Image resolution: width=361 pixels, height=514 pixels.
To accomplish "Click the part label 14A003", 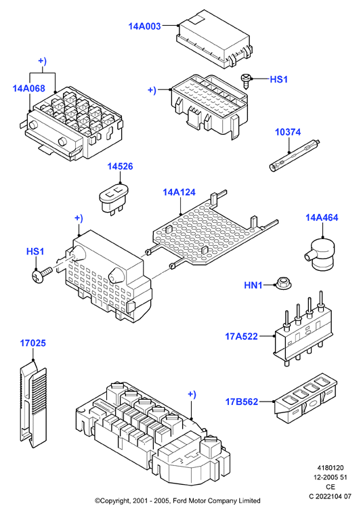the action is click(144, 26).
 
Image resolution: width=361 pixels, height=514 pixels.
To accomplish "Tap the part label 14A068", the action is click(29, 88).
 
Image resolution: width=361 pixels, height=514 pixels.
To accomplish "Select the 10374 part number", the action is click(288, 132).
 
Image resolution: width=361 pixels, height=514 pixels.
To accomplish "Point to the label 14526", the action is click(121, 166).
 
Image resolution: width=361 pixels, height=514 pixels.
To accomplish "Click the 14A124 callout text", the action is click(179, 192).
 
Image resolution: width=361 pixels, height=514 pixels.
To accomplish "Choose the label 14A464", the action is click(322, 217).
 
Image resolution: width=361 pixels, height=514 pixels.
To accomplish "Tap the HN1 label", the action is click(253, 285).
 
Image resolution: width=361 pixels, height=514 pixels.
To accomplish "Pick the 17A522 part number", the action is click(241, 337).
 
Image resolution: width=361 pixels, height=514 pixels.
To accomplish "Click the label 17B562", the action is click(242, 402).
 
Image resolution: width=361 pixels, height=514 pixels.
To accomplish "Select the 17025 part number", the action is click(33, 343).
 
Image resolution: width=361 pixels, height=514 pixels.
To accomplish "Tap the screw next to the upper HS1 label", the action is click(247, 80).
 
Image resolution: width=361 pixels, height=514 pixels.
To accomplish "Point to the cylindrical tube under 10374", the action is click(295, 155).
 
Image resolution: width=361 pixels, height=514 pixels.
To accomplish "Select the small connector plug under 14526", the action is click(114, 198).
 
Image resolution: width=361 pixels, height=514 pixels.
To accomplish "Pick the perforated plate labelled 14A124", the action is click(210, 228).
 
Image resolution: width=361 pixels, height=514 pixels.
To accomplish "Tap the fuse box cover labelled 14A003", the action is click(214, 39).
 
